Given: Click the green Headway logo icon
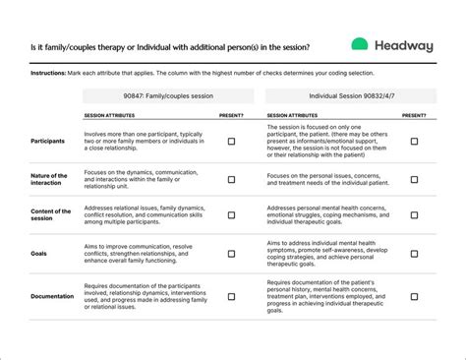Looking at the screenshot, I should (360, 45).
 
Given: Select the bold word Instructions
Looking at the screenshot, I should (48, 74).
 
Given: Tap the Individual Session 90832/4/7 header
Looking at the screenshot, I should (350, 96).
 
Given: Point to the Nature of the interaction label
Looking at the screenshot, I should (50, 179).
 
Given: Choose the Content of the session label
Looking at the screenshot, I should (51, 215).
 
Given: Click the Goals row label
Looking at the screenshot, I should (41, 253).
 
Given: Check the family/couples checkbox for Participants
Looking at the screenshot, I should (231, 142).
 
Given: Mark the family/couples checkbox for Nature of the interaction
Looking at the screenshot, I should (231, 179).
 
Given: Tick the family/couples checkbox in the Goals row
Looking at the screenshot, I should (231, 254).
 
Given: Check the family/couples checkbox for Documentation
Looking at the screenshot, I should (231, 295).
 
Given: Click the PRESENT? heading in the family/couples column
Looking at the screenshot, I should (231, 116).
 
